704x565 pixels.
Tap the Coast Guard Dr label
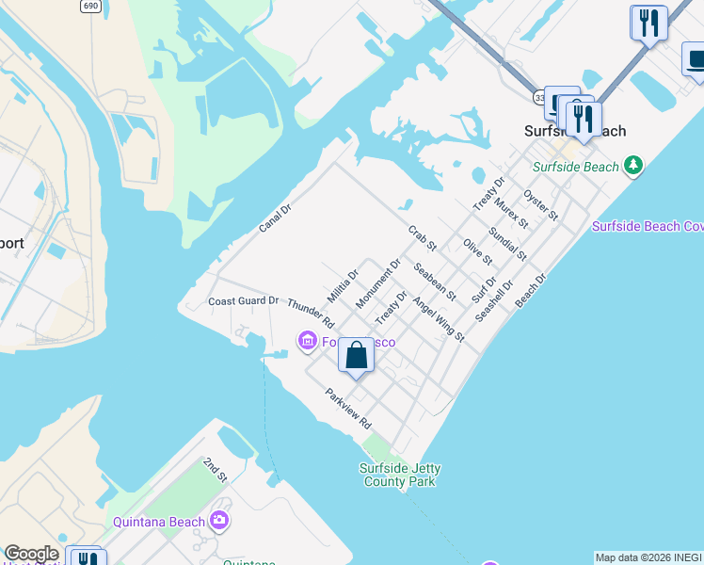coord(244,301)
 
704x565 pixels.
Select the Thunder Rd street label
coord(311,314)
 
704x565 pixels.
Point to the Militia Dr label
coord(344,286)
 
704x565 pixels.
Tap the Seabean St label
coord(435,282)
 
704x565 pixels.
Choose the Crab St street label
coord(423,238)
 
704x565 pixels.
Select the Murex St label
coord(512,214)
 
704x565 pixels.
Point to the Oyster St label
coord(541,205)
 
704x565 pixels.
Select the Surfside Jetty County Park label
coord(400,475)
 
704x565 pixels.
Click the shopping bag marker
coord(356,356)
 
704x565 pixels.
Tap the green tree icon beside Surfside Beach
coord(634,166)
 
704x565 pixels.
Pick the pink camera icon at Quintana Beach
coord(219,520)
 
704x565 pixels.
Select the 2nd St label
coord(216,471)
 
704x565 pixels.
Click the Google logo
coord(30,554)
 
